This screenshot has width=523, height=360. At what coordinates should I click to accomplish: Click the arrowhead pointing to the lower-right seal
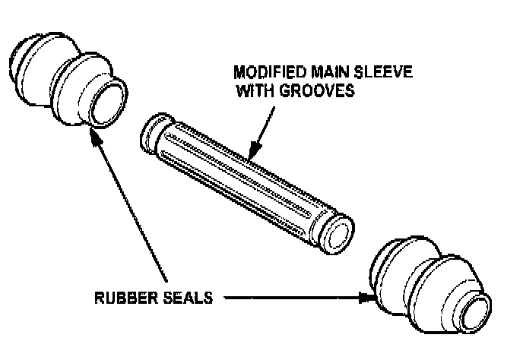(x=369, y=298)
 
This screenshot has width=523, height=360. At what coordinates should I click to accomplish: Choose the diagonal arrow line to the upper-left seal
(x=129, y=205)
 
